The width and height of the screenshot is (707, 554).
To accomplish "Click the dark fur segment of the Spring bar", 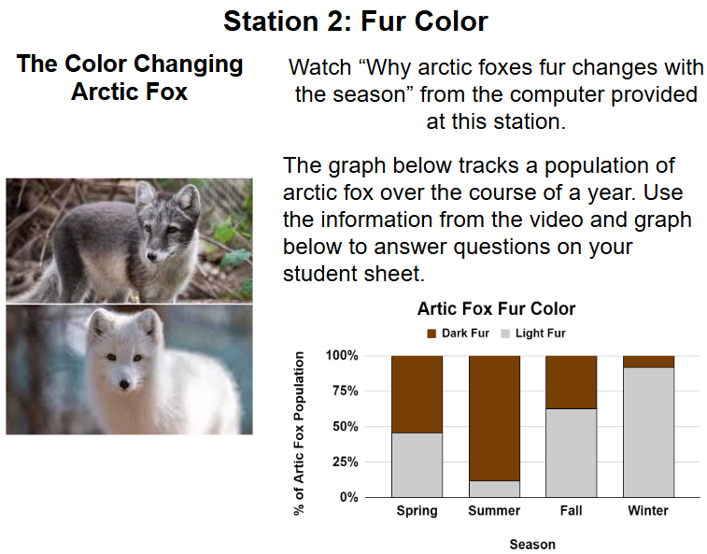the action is tap(417, 394).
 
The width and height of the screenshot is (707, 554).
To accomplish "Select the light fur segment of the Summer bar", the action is tap(494, 489).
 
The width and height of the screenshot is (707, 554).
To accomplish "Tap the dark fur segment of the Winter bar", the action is tap(648, 362).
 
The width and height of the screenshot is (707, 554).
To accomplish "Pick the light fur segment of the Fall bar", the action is tap(572, 453).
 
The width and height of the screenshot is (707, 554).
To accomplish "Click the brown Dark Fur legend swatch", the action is tap(431, 334).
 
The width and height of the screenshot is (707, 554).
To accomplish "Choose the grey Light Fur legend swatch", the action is tap(505, 334).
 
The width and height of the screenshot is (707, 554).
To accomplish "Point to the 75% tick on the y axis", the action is tap(346, 391).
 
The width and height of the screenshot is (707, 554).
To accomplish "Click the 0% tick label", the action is tap(349, 497).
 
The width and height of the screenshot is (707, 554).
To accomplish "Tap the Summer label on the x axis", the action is tap(494, 511).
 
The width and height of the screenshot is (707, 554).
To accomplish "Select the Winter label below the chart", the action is tap(648, 511).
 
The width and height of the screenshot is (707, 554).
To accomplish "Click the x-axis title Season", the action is tap(532, 545).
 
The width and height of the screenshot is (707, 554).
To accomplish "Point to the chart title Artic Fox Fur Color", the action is tap(497, 309).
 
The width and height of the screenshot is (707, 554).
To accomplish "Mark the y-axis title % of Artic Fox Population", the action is tap(299, 433).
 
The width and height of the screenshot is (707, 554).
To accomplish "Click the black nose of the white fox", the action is tap(124, 385).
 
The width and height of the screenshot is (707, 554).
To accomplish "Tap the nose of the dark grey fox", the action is tap(152, 257).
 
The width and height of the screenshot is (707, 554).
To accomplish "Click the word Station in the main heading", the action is tap(271, 21).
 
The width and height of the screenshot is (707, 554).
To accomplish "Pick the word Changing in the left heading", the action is tap(189, 64).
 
